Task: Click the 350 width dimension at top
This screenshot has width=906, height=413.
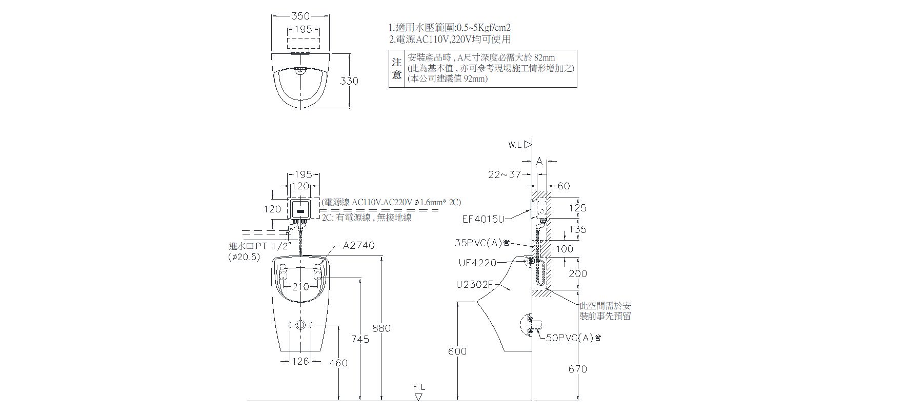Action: [x=300, y=16]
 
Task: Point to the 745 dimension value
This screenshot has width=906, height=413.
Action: [x=360, y=339]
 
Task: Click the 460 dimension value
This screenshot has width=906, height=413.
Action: [x=338, y=363]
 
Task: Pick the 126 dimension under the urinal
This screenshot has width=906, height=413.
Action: [x=300, y=361]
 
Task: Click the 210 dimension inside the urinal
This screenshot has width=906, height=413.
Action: [x=300, y=287]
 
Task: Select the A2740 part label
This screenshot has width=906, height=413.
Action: [x=359, y=246]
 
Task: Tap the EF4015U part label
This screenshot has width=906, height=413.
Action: [x=484, y=219]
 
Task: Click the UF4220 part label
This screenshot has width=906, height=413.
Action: [x=477, y=263]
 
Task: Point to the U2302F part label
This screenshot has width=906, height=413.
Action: [x=474, y=284]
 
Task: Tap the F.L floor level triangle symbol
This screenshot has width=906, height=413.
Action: [x=419, y=397]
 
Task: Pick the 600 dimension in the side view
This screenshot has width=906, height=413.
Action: [x=457, y=351]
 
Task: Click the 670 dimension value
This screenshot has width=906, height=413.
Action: [x=578, y=369]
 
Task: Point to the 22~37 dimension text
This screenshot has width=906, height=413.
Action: [x=505, y=174]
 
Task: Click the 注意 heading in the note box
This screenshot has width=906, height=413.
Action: [x=396, y=68]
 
